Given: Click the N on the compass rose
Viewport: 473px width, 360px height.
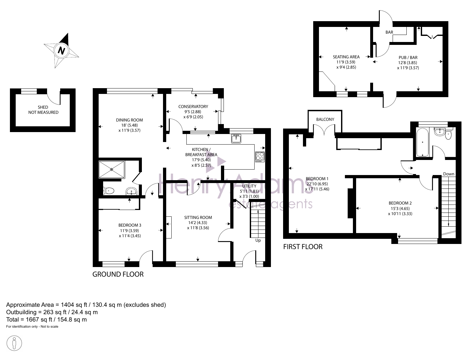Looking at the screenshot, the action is tap(61, 51).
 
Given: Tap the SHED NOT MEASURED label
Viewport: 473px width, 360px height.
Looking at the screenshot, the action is tap(43, 110).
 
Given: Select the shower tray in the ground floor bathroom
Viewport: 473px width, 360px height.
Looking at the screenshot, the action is tap(112, 170).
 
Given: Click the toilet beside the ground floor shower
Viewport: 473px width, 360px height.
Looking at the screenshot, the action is tap(109, 191).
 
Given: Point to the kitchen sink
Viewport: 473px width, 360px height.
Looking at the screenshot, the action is tap(236, 138).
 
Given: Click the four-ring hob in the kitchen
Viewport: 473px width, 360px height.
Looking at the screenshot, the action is tap(260, 157).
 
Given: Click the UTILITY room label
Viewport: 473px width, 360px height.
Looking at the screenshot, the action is tap(249, 186).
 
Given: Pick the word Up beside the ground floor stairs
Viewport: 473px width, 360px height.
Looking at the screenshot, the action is tap(258, 240).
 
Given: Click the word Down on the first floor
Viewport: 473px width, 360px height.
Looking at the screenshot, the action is tap(449, 174).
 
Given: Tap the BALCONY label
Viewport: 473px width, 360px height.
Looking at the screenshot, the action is tap(325, 119).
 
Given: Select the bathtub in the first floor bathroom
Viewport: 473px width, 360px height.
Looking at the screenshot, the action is tap(422, 142).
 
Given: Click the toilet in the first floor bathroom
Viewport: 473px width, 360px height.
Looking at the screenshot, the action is tap(448, 135).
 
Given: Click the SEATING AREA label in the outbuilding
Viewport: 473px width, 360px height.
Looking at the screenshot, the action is tap(346, 57).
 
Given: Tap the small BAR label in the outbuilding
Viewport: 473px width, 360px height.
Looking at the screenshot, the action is tap(389, 32).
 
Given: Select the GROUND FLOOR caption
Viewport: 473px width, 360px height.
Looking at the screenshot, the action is tap(118, 274).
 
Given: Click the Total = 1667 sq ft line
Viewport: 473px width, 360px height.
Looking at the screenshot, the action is tap(46, 320).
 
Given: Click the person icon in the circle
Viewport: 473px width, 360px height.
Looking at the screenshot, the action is tap(14, 343).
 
